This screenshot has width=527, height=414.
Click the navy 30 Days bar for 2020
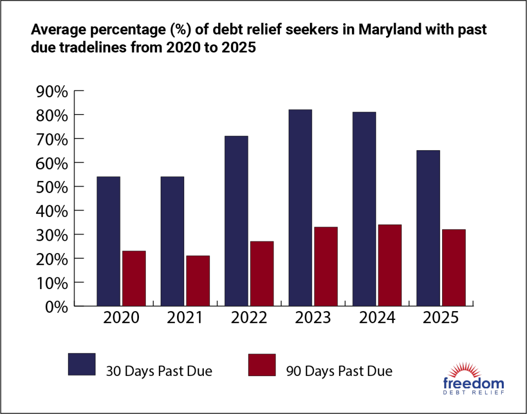pyautogui.click(x=109, y=241)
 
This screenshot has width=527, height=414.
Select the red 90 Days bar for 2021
pyautogui.click(x=198, y=281)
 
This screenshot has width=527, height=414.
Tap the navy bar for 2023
pyautogui.click(x=300, y=208)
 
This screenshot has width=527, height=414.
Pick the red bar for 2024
pyautogui.click(x=390, y=265)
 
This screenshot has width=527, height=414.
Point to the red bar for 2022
pyautogui.click(x=261, y=274)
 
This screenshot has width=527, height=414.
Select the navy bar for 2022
pyautogui.click(x=236, y=221)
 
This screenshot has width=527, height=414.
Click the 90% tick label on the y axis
pyautogui.click(x=52, y=92)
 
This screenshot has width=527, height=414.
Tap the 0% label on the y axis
pyautogui.click(x=57, y=307)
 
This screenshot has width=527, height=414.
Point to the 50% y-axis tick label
pyautogui.click(x=52, y=187)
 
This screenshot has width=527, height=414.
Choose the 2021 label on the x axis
pyautogui.click(x=185, y=318)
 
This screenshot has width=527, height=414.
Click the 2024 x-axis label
pyautogui.click(x=377, y=318)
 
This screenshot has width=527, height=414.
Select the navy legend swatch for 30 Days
pyautogui.click(x=82, y=364)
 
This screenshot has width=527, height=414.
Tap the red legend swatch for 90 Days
pyautogui.click(x=262, y=364)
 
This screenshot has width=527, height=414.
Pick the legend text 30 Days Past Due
pyautogui.click(x=159, y=371)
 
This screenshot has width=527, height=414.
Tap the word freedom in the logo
pyautogui.click(x=473, y=383)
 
